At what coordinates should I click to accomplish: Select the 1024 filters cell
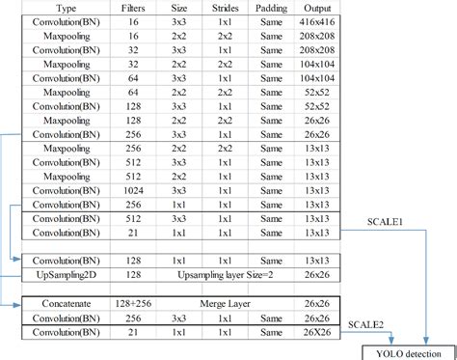click(135, 191)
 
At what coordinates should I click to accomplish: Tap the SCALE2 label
click(366, 325)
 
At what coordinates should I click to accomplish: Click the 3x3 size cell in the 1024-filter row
click(178, 191)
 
